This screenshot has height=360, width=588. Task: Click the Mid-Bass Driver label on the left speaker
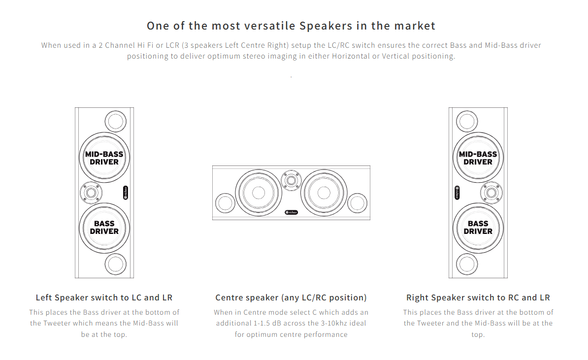[104, 158]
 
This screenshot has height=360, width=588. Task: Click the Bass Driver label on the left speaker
[104, 227]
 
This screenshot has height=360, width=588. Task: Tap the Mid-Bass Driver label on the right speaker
[478, 158]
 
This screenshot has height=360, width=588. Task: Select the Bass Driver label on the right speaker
[478, 227]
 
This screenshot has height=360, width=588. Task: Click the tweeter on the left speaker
[91, 193]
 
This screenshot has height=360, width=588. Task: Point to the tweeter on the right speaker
[491, 193]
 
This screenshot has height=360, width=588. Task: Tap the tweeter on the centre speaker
[291, 181]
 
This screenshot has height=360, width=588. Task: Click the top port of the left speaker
[116, 121]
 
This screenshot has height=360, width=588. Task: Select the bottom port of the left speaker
[116, 264]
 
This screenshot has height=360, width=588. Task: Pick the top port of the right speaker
[467, 121]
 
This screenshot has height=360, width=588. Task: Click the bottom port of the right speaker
[467, 264]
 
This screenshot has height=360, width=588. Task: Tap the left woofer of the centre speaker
[259, 193]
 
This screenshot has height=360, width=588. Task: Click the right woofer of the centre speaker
[324, 193]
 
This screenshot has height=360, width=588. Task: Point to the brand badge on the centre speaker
[292, 212]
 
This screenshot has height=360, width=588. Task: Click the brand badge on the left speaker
[126, 193]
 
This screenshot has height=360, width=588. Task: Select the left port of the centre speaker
[226, 203]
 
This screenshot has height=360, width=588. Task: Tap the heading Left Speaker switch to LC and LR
[104, 297]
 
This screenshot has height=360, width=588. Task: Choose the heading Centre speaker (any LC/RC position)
[291, 297]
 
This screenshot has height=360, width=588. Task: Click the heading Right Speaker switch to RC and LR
[478, 297]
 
